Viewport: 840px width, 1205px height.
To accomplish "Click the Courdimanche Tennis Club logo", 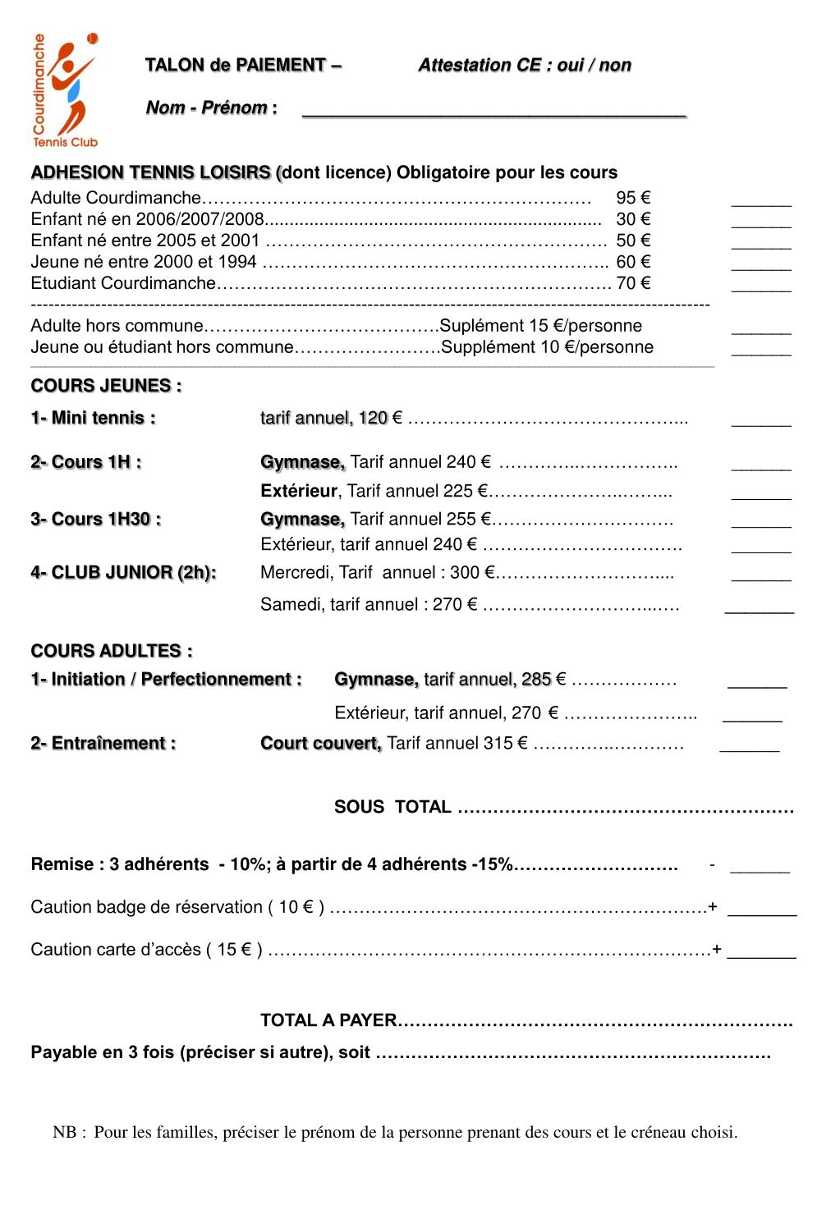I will (65, 90).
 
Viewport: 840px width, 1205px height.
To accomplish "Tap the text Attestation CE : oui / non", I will (524, 66).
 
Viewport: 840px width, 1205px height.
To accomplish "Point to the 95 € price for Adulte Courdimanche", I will (633, 198).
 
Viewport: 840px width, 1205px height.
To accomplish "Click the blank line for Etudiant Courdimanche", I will (761, 288).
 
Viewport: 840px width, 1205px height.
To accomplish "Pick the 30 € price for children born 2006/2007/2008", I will (633, 219).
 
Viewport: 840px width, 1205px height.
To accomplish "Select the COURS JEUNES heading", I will (106, 386).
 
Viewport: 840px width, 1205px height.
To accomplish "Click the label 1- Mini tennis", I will (93, 418).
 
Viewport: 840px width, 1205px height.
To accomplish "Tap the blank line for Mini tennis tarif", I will (761, 424).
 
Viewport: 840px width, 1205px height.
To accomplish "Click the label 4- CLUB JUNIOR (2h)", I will (123, 573).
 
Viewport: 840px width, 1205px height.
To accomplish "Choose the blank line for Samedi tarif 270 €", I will (760, 611).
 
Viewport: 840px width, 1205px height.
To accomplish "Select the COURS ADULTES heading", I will (112, 651).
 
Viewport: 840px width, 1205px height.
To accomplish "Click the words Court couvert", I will (321, 744).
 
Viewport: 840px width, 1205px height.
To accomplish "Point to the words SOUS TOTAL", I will (392, 807).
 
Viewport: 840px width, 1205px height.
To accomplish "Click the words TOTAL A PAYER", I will (328, 1020).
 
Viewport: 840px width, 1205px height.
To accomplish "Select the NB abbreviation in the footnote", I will (65, 1133).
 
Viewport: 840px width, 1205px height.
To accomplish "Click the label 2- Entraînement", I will (103, 744).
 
